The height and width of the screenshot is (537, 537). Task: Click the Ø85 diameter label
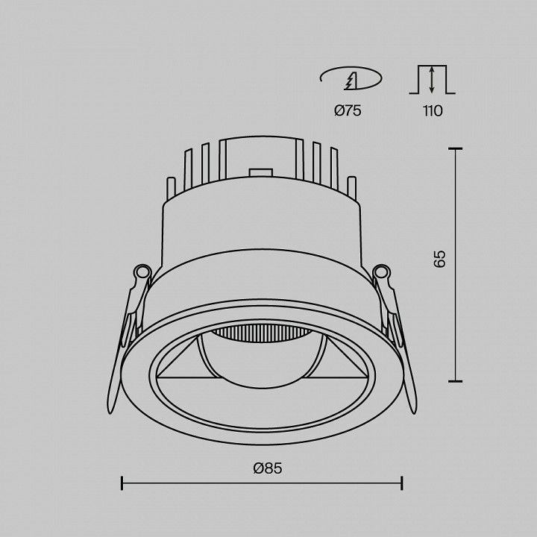268,468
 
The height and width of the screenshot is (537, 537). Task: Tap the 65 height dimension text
439,259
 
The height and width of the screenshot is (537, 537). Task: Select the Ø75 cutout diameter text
348,110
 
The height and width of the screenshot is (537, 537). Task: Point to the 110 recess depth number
433,110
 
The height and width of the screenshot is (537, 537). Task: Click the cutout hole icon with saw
351,78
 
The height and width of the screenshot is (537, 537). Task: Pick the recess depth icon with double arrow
432,80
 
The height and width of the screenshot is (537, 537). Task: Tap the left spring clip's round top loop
142,273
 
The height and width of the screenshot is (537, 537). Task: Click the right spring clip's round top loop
382,272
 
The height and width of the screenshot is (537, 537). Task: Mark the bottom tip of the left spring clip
110,412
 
